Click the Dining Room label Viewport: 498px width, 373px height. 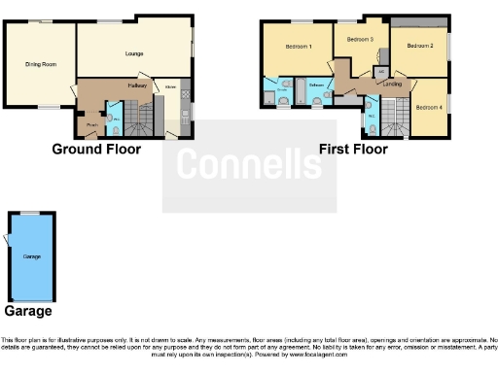tap(41, 65)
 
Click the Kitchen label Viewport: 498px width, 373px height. tap(170, 87)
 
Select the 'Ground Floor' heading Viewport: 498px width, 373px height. tap(95, 150)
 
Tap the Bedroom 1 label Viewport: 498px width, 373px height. tap(298, 47)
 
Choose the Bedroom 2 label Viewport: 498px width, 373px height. tap(419, 46)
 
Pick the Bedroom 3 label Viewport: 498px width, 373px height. tap(360, 39)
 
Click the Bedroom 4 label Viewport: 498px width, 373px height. tap(428, 107)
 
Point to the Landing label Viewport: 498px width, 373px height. tap(393, 85)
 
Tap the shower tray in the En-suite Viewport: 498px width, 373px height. tap(269, 98)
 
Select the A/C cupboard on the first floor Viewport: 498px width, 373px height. tap(381, 72)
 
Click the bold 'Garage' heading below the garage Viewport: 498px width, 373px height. tap(28, 312)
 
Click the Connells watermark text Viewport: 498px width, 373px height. tap(249, 166)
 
